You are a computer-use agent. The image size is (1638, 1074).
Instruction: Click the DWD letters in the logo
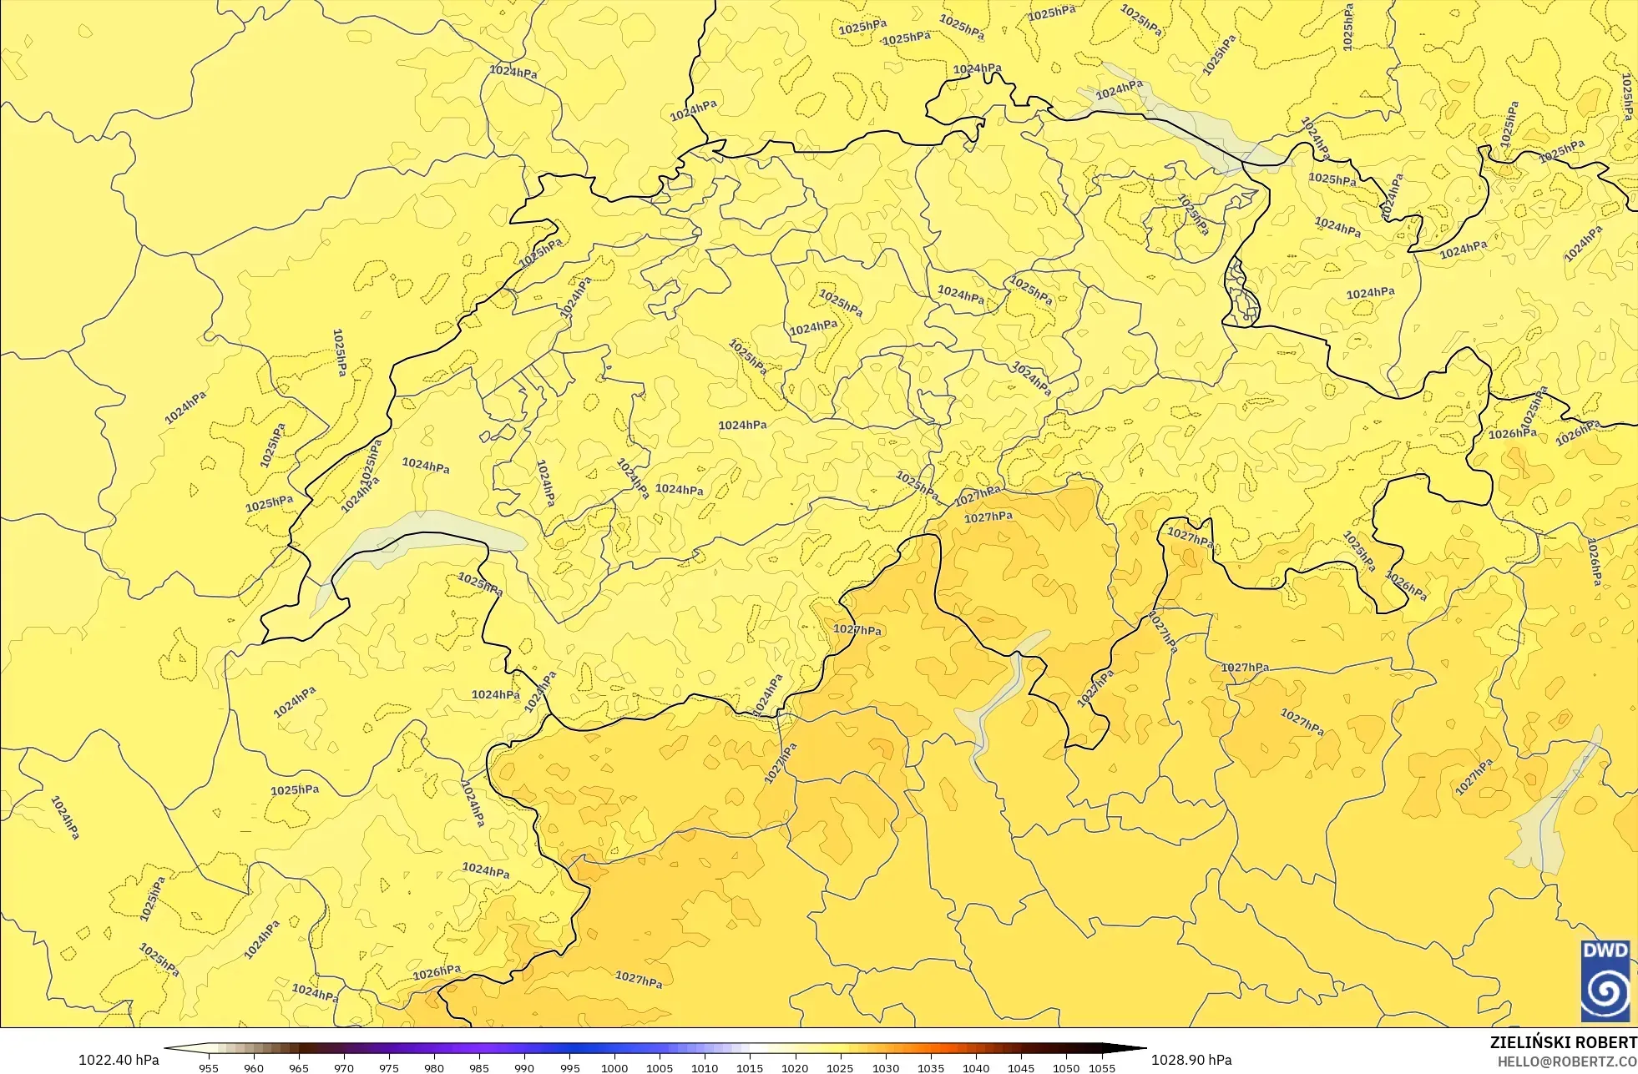tap(1605, 950)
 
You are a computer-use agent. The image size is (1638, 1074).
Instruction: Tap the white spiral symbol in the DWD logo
tap(1605, 991)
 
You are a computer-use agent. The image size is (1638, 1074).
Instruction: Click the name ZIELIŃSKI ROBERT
tap(1563, 1042)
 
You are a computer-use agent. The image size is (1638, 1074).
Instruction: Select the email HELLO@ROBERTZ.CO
tap(1566, 1061)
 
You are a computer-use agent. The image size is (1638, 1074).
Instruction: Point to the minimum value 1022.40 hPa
tap(119, 1060)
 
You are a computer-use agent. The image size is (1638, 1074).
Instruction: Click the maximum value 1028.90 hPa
tap(1191, 1060)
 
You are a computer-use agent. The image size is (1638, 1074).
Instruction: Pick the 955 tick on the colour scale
tap(209, 1067)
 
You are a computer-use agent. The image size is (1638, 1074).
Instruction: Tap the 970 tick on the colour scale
tap(344, 1067)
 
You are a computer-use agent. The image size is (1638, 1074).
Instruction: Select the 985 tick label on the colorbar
tap(479, 1067)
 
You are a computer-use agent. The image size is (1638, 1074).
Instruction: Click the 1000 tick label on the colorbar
tap(614, 1067)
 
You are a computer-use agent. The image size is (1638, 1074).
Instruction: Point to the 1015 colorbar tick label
tap(750, 1067)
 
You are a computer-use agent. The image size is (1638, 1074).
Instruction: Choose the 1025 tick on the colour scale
tap(840, 1067)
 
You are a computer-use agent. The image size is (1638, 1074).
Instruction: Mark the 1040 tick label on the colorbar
tap(975, 1067)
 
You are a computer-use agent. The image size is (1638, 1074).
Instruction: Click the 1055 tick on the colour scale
tap(1102, 1067)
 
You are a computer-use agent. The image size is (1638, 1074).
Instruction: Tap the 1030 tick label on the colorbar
tap(885, 1067)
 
